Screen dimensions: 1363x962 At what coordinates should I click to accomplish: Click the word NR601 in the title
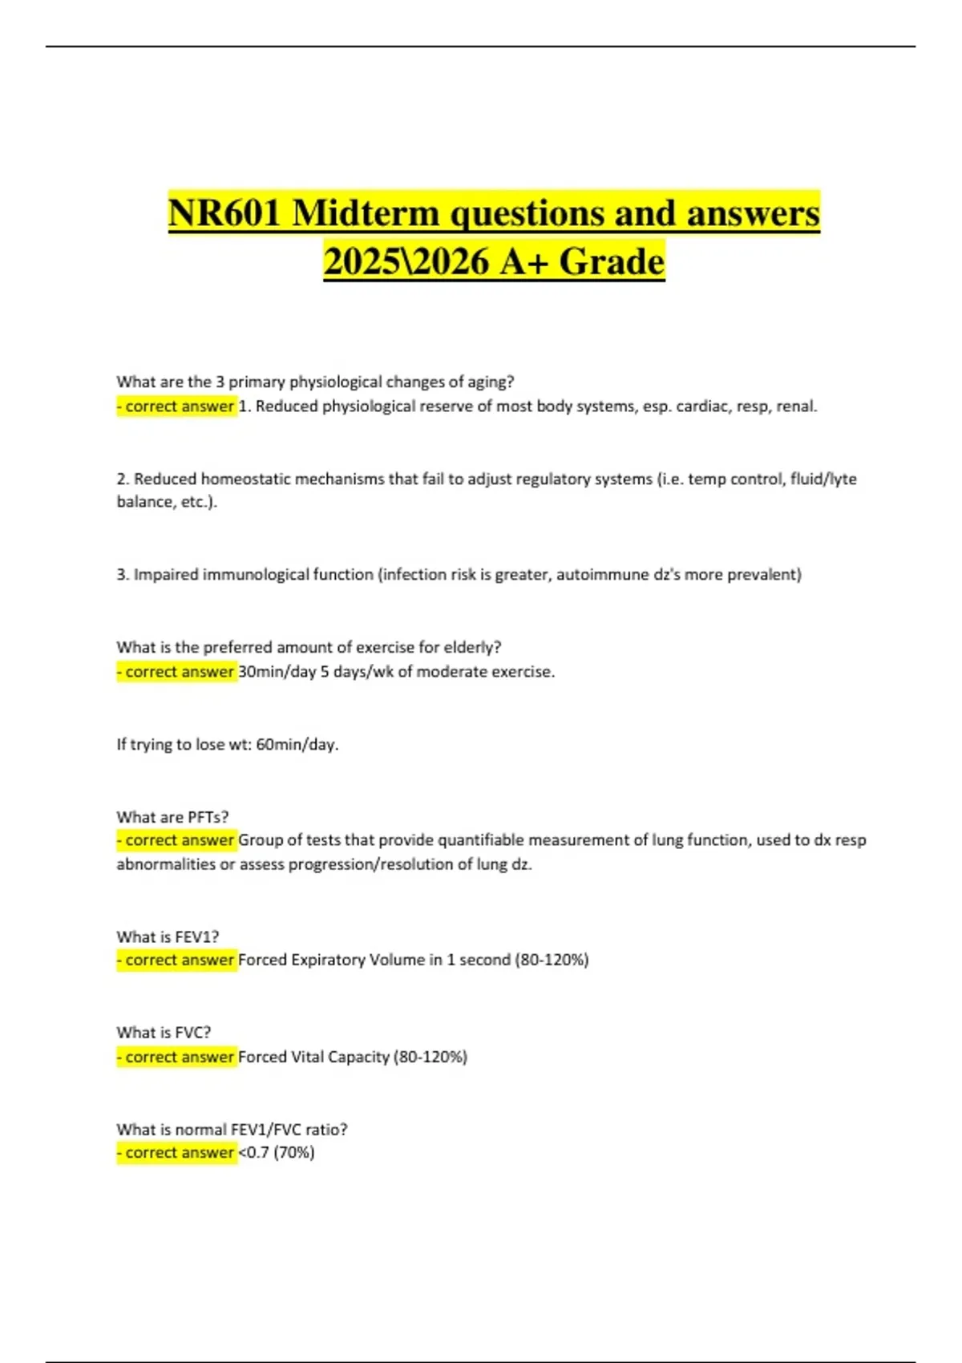224,213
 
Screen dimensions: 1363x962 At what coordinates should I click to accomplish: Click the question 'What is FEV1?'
168,936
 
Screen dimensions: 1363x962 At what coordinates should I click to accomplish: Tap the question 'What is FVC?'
164,1033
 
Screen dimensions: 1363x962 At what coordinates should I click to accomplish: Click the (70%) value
294,1152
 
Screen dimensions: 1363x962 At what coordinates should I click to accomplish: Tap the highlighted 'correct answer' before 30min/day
176,671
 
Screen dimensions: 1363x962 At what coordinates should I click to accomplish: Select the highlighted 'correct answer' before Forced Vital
176,1057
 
